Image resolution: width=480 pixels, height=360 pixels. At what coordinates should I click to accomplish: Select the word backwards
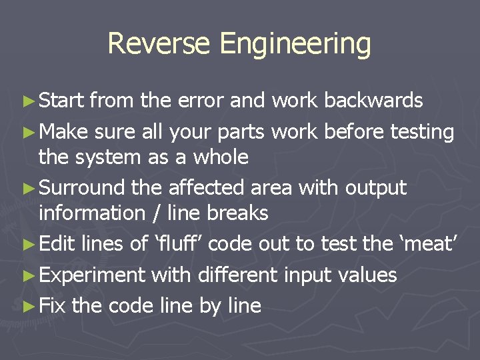point(373,101)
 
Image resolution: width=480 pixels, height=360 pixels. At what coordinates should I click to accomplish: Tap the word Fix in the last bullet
point(53,306)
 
